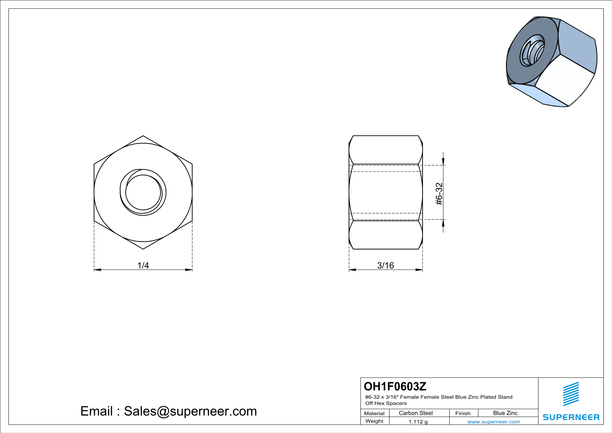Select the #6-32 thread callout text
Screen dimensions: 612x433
tap(439, 194)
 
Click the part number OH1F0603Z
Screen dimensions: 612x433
tap(395, 386)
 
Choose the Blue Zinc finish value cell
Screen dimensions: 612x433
tap(505, 413)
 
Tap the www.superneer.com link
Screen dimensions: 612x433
tap(494, 421)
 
